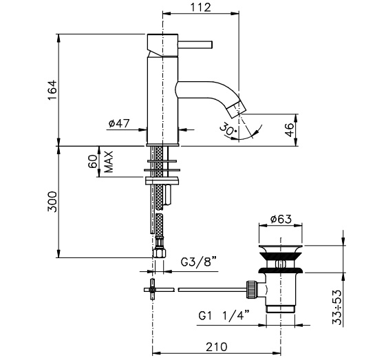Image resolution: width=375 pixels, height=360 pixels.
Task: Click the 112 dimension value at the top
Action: (201, 8)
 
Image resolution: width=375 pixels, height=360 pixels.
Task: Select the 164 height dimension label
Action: (52, 90)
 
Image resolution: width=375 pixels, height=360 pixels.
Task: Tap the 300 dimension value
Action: (52, 202)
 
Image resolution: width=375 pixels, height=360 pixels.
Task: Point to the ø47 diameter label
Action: (119, 123)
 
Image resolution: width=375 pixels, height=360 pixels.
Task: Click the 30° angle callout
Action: (228, 129)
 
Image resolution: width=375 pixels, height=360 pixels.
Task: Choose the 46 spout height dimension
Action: (290, 129)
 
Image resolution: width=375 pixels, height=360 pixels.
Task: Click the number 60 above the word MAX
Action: (93, 161)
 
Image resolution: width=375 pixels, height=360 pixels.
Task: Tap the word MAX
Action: (109, 162)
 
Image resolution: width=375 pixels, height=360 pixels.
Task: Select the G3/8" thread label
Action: (198, 262)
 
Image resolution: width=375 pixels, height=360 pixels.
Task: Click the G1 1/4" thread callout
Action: (224, 316)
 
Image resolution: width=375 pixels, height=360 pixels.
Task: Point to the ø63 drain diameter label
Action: (281, 219)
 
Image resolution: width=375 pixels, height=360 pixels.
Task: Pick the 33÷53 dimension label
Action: (337, 307)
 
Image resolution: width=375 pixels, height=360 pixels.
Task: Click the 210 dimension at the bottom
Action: (217, 347)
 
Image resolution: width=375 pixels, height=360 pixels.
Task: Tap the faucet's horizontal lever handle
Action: (195, 45)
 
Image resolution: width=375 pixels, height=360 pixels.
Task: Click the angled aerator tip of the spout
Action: (237, 109)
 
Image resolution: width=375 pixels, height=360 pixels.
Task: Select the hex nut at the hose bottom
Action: (160, 253)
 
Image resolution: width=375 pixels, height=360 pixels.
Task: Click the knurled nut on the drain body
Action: (251, 290)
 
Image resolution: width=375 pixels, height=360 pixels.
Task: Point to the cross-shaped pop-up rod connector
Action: (152, 290)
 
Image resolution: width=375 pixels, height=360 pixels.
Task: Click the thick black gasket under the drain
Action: (281, 271)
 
